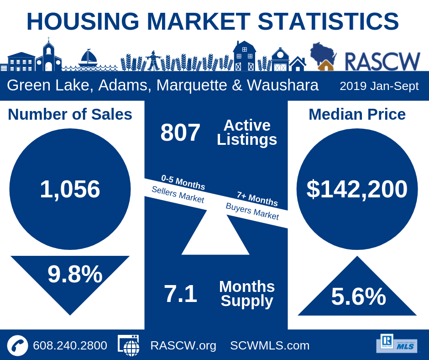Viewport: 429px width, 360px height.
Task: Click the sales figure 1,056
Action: click(70, 189)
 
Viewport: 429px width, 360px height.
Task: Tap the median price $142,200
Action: click(357, 189)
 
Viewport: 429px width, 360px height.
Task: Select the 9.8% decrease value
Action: click(75, 274)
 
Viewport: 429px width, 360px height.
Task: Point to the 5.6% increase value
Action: click(358, 296)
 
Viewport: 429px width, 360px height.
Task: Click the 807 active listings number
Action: click(180, 132)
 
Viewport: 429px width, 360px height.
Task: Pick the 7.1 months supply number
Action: click(180, 294)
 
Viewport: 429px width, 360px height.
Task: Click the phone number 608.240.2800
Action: click(70, 345)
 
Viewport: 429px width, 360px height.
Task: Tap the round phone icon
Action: click(18, 345)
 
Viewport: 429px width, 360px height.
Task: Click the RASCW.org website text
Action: click(183, 345)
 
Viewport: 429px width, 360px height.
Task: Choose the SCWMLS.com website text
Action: click(270, 345)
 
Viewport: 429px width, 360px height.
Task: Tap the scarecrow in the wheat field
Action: click(153, 60)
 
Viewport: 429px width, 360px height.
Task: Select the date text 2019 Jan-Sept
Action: click(379, 86)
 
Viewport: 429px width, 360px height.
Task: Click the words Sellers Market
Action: click(178, 195)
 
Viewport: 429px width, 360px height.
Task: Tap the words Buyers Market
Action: click(252, 211)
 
